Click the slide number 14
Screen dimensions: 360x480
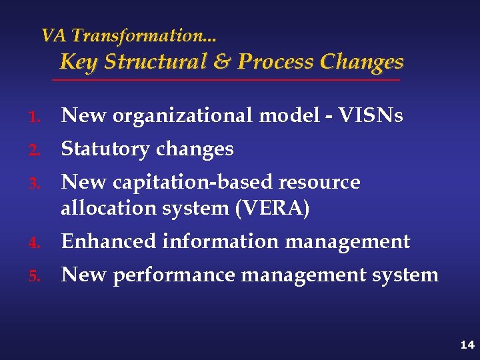(x=467, y=345)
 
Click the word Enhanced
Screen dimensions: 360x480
(x=109, y=241)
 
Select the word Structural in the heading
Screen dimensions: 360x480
(x=155, y=62)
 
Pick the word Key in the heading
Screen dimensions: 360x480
(x=79, y=62)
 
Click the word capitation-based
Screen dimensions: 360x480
(x=193, y=182)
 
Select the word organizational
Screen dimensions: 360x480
(x=183, y=116)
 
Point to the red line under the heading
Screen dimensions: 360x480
(x=226, y=80)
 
